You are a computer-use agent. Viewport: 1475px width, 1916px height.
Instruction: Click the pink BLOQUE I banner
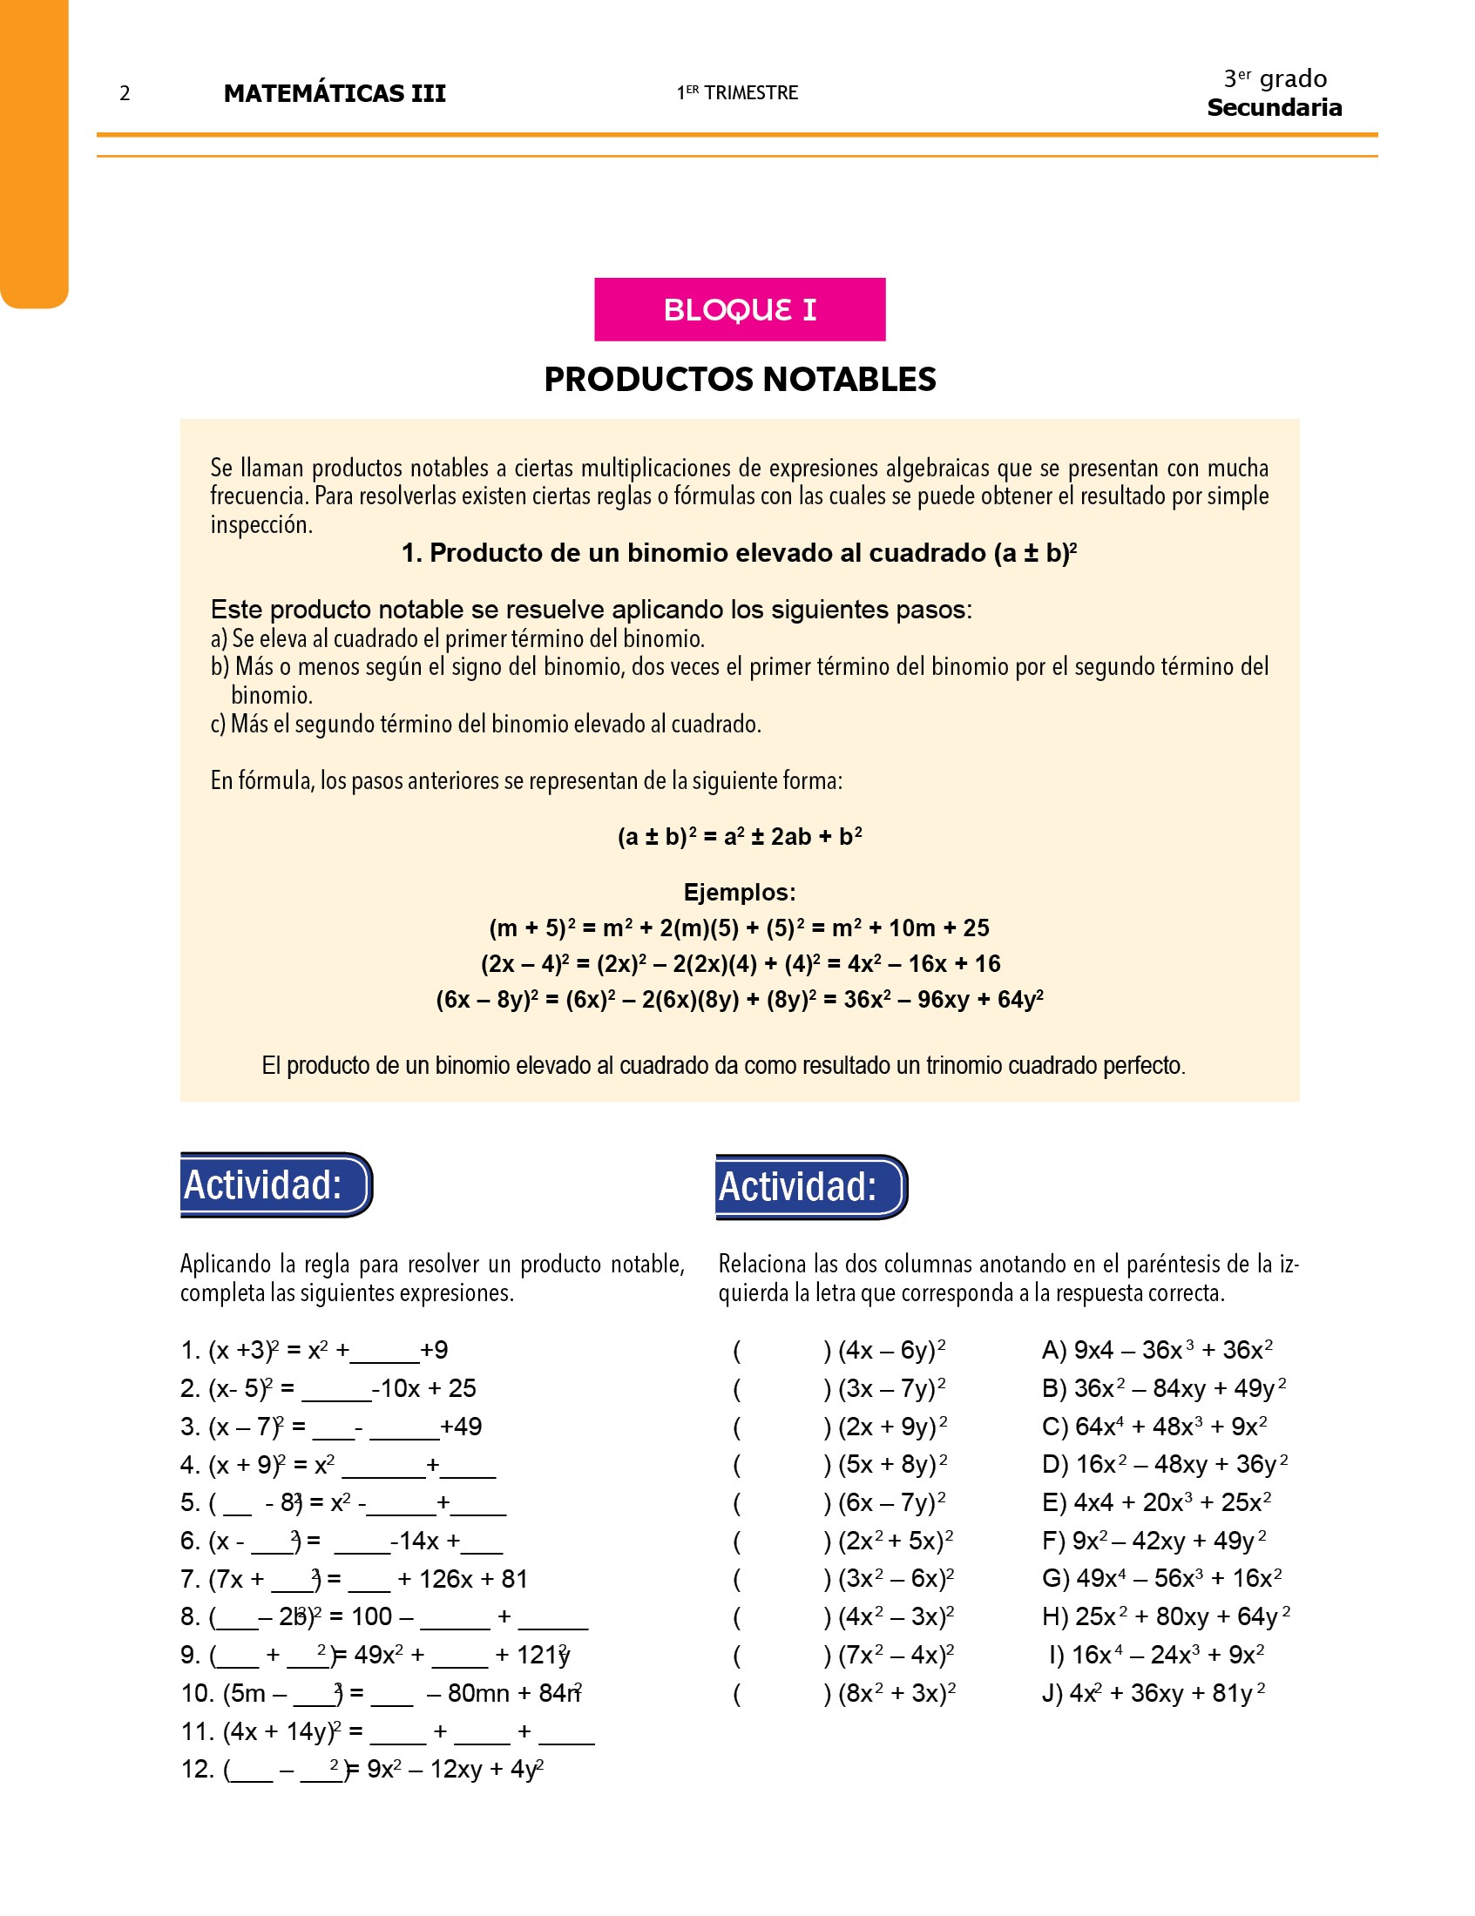[739, 309]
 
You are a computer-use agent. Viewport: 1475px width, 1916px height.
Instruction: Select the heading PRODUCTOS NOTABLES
[739, 379]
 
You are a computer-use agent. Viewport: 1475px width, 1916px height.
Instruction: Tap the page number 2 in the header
[125, 93]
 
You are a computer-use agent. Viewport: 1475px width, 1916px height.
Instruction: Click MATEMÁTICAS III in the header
[335, 93]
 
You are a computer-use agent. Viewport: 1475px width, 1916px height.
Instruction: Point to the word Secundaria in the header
[1273, 108]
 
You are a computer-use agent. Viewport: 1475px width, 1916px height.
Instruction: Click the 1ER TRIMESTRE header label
[737, 93]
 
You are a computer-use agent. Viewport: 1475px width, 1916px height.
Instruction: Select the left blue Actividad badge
[275, 1184]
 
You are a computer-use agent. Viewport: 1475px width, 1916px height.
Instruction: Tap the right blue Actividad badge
[811, 1187]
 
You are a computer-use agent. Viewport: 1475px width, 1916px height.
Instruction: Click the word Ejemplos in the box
[739, 892]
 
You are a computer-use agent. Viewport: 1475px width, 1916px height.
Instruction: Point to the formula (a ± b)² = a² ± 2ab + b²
[739, 837]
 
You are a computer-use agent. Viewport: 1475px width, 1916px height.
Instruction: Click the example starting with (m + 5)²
[739, 928]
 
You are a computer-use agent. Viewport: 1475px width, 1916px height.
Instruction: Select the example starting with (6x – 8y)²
[739, 1000]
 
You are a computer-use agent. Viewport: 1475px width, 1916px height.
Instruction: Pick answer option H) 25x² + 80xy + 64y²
[1165, 1616]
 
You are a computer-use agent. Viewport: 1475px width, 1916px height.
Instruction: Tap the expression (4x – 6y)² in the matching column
[891, 1350]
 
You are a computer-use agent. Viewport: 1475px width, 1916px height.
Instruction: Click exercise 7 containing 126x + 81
[355, 1579]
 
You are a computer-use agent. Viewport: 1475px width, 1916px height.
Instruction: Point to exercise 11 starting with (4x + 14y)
[387, 1731]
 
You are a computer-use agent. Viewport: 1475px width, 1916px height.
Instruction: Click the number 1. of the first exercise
[192, 1350]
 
